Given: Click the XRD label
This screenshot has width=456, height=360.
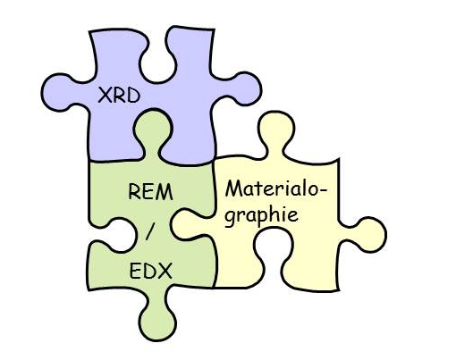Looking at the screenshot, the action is coord(119,96).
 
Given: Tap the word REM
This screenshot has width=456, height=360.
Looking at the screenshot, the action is coord(150,192).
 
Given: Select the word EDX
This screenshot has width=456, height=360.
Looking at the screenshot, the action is coord(151,271).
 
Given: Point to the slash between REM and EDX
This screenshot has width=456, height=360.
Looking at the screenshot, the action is coord(150,231).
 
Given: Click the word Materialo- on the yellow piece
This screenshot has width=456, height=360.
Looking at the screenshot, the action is coord(275,189).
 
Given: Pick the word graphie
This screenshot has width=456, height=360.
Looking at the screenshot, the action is coord(261,215).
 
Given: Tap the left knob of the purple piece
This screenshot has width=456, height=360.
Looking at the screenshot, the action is coord(58,92).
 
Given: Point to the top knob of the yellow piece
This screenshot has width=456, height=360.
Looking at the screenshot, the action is coord(276,129).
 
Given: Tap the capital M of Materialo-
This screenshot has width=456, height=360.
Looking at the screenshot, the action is coord(233,189).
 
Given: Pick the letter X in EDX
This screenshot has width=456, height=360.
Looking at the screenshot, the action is coord(165,271).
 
